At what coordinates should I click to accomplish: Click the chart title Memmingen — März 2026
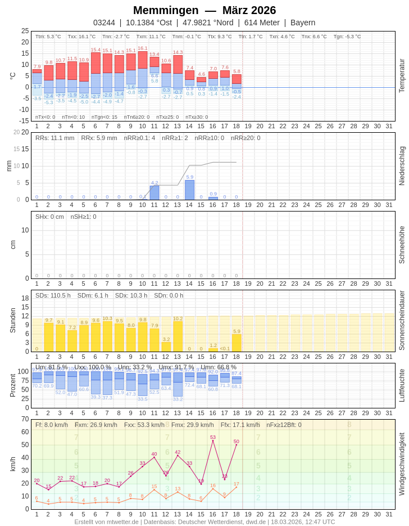pos(204,10)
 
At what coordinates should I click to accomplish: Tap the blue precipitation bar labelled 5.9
pos(189,190)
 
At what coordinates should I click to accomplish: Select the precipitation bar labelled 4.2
pos(154,192)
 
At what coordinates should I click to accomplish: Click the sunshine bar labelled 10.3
pos(107,336)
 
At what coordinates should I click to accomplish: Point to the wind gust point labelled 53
pos(213,440)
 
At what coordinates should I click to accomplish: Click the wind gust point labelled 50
pos(237,445)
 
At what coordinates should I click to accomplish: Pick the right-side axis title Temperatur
pos(402,75)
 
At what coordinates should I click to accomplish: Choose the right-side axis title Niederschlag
pos(402,166)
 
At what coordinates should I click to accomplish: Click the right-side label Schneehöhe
pos(402,245)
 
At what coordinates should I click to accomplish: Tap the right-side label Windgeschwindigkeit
pos(402,464)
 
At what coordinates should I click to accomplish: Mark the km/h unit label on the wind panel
pos(12,464)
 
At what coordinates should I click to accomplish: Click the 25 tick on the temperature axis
pos(25,31)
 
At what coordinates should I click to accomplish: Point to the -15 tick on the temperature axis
pos(23,120)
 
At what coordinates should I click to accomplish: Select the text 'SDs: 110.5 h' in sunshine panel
pos(53,295)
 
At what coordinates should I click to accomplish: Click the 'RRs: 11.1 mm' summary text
pos(54,138)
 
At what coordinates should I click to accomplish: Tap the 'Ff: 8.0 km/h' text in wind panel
pos(51,425)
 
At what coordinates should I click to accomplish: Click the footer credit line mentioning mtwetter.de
pos(204,521)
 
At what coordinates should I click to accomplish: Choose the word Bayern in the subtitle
pos(303,23)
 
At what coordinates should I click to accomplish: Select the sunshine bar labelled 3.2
pos(166,347)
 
